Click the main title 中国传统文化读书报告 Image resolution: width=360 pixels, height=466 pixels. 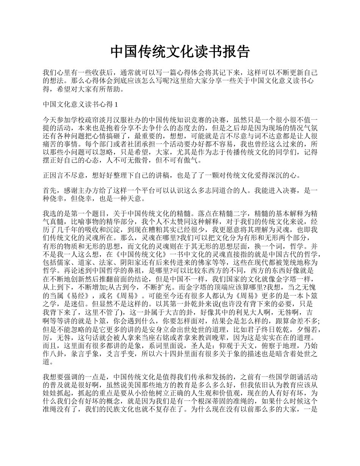[x=180, y=52]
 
